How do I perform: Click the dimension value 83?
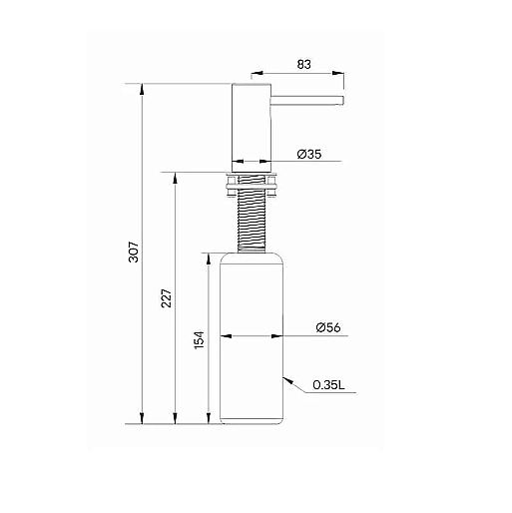[303, 64]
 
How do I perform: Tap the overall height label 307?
[134, 252]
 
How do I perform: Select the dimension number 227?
[167, 298]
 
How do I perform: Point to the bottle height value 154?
[199, 339]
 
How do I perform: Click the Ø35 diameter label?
[309, 154]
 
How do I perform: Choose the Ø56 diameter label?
[328, 327]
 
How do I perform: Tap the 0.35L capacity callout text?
[328, 385]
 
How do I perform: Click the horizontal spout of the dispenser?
[307, 101]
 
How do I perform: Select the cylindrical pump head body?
[252, 128]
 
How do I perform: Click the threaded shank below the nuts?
[252, 225]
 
